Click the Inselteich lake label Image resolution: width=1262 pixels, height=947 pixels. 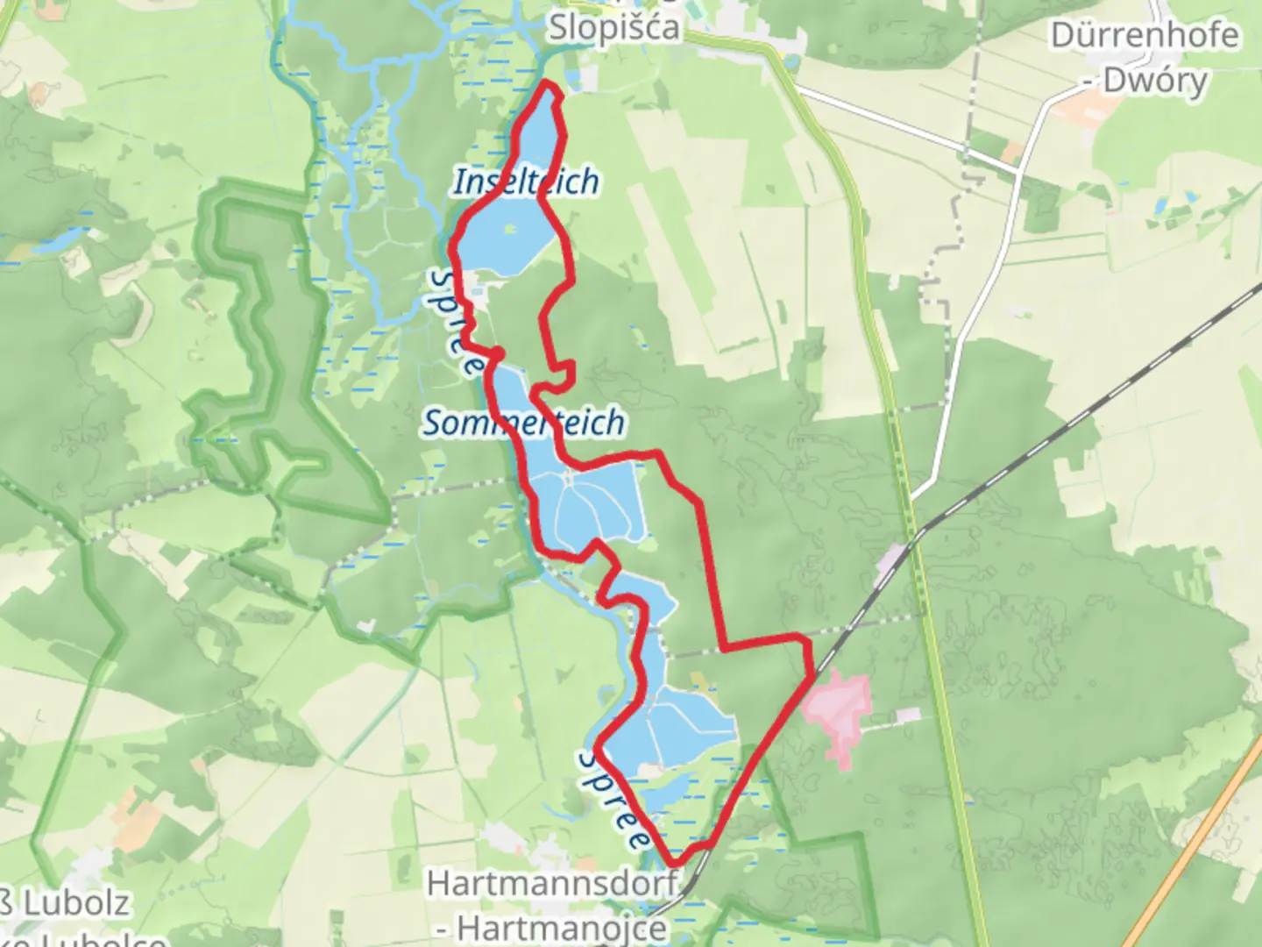pos(526,182)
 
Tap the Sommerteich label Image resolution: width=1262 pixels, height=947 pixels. pos(524,423)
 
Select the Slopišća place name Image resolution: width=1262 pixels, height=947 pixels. pos(613,26)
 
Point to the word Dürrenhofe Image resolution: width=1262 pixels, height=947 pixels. pos(1145,35)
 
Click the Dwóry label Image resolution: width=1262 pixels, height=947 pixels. pos(1155,80)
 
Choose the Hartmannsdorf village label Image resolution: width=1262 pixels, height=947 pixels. pos(552,883)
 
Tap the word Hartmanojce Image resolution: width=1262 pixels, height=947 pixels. pos(561,927)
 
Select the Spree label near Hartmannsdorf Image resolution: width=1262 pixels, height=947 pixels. pos(614,799)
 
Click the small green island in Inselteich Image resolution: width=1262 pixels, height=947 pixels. pos(510,230)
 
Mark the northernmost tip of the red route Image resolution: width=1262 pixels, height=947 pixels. pos(549,82)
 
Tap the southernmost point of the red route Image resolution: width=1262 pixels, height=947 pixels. pos(675,864)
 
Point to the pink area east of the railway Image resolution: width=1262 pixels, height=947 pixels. pos(838,707)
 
